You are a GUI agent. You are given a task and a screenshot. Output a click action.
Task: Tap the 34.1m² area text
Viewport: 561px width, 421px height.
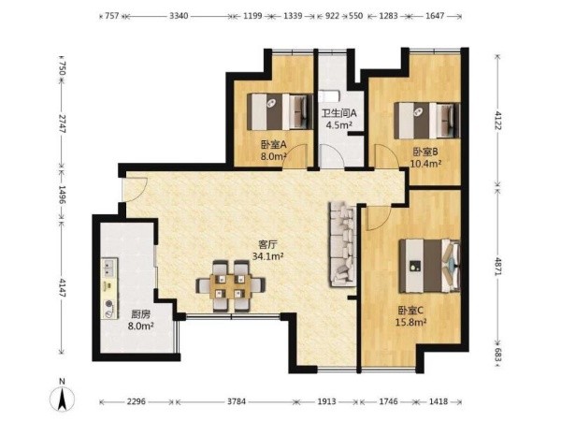(268, 256)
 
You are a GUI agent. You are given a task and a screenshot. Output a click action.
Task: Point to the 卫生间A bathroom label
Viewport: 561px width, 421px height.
(338, 113)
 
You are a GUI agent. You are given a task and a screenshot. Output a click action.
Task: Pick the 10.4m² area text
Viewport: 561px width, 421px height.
(425, 164)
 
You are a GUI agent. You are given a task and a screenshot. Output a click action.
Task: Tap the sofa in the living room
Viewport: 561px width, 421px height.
(343, 244)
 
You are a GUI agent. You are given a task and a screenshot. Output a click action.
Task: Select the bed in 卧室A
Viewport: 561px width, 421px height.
(280, 111)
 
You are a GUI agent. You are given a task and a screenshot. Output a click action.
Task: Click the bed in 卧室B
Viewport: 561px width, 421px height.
(427, 121)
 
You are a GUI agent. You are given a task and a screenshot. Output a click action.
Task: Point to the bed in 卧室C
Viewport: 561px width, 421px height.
(429, 266)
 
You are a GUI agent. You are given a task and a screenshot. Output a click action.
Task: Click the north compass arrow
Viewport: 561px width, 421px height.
(63, 399)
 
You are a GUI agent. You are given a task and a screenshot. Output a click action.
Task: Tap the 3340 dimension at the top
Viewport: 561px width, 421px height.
(179, 16)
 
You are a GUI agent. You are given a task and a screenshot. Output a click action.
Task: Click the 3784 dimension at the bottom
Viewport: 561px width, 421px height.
(237, 401)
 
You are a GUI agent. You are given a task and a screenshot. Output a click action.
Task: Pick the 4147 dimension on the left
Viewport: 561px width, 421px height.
(63, 288)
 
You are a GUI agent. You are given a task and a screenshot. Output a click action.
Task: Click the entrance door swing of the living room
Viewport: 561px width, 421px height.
(134, 190)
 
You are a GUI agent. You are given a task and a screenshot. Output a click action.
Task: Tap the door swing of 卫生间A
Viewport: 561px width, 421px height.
(332, 156)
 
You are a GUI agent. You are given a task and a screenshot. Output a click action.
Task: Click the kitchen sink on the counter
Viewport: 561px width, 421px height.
(108, 267)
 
